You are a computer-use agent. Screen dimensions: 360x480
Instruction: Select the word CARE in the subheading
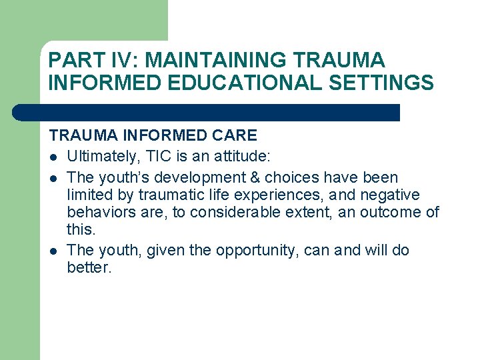[x=234, y=135]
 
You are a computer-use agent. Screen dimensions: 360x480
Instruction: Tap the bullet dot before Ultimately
[x=53, y=157]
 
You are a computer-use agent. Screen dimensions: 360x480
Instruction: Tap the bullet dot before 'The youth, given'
[x=53, y=251]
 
